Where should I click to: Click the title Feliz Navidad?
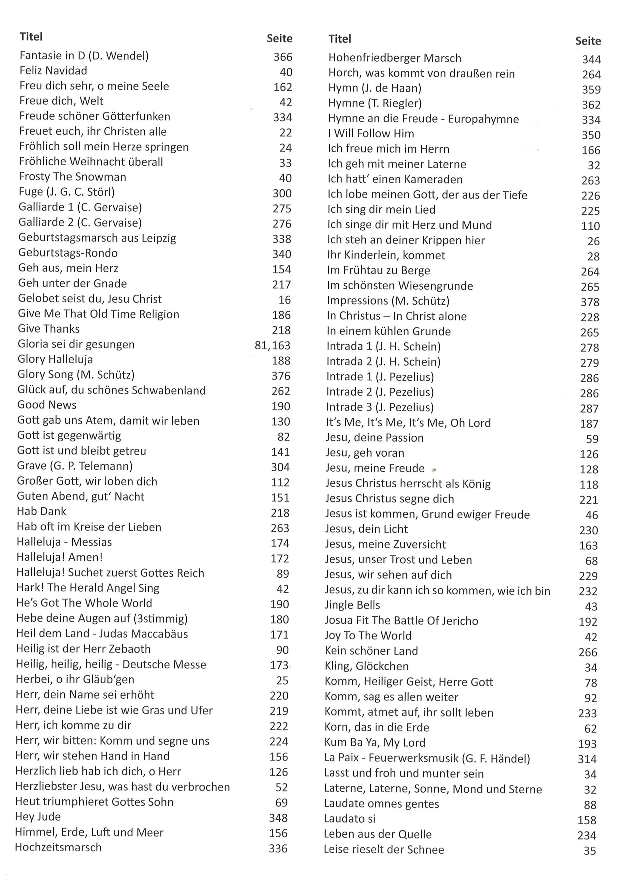click(x=53, y=71)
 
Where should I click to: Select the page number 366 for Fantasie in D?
click(x=283, y=57)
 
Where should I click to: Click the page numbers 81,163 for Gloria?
click(x=272, y=345)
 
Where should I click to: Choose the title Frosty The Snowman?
click(x=72, y=177)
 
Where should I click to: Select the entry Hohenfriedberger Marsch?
click(x=394, y=58)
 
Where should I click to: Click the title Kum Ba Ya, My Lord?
click(x=375, y=742)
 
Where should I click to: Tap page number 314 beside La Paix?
click(x=587, y=759)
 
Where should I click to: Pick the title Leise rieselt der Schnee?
click(x=384, y=849)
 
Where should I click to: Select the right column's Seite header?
click(x=588, y=41)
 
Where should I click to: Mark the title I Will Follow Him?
click(x=371, y=133)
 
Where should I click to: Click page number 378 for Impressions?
click(x=590, y=302)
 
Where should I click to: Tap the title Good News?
click(x=47, y=405)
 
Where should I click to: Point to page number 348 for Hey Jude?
click(x=278, y=818)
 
